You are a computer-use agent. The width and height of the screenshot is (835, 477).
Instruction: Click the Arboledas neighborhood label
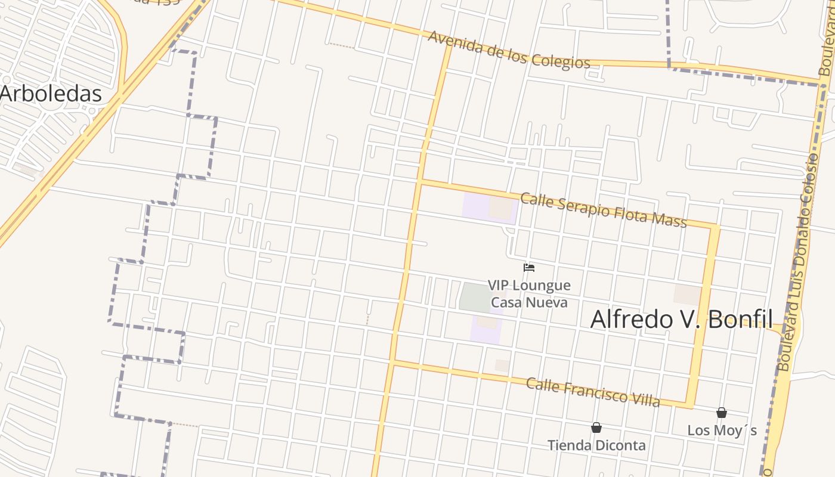point(51,94)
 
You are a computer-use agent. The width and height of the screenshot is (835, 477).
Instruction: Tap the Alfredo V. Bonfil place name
point(681,320)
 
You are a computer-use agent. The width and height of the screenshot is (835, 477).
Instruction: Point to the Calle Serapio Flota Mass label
point(603,210)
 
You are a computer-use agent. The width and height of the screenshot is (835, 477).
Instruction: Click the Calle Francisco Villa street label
point(593,392)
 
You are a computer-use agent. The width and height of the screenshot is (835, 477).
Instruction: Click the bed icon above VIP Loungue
point(528,268)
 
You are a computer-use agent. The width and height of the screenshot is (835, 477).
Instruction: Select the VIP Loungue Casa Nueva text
point(529,294)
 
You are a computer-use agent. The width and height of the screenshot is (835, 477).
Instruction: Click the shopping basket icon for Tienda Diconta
point(596,428)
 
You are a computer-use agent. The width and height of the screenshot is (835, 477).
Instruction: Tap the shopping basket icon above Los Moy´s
point(722,413)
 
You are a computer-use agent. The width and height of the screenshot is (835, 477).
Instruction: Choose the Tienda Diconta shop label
point(596,445)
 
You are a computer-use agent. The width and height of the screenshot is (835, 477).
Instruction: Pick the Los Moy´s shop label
point(722,430)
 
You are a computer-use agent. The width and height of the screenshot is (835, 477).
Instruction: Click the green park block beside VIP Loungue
point(474,297)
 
